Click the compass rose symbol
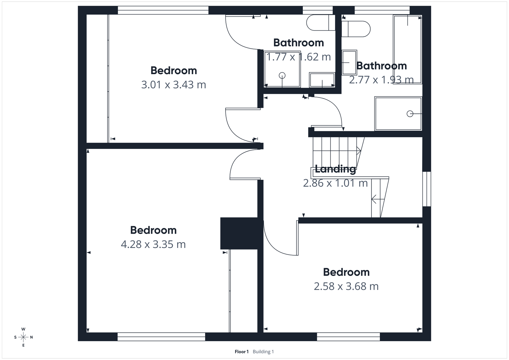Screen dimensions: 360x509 click(x=23, y=337)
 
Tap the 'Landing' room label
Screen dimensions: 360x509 click(x=335, y=169)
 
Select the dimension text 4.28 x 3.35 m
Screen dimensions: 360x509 click(x=153, y=244)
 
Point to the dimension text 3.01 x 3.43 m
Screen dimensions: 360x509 click(x=174, y=85)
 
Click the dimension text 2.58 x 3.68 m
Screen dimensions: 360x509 click(x=346, y=286)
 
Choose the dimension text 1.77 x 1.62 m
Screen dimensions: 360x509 click(x=298, y=57)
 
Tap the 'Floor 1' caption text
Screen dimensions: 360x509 click(x=241, y=352)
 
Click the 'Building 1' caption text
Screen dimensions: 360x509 click(x=263, y=352)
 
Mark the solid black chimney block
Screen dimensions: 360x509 click(x=239, y=233)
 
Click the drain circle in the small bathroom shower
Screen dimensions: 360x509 click(x=282, y=75)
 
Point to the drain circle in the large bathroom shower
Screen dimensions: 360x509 click(x=410, y=114)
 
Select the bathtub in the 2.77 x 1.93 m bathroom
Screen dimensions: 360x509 click(x=408, y=49)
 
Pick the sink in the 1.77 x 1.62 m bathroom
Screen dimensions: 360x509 click(x=322, y=80)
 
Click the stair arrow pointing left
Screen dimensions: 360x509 click(x=377, y=200)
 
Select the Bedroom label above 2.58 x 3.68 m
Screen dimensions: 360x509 click(x=346, y=272)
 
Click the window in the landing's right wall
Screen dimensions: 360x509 click(x=427, y=189)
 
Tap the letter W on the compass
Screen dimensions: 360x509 click(x=23, y=329)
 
